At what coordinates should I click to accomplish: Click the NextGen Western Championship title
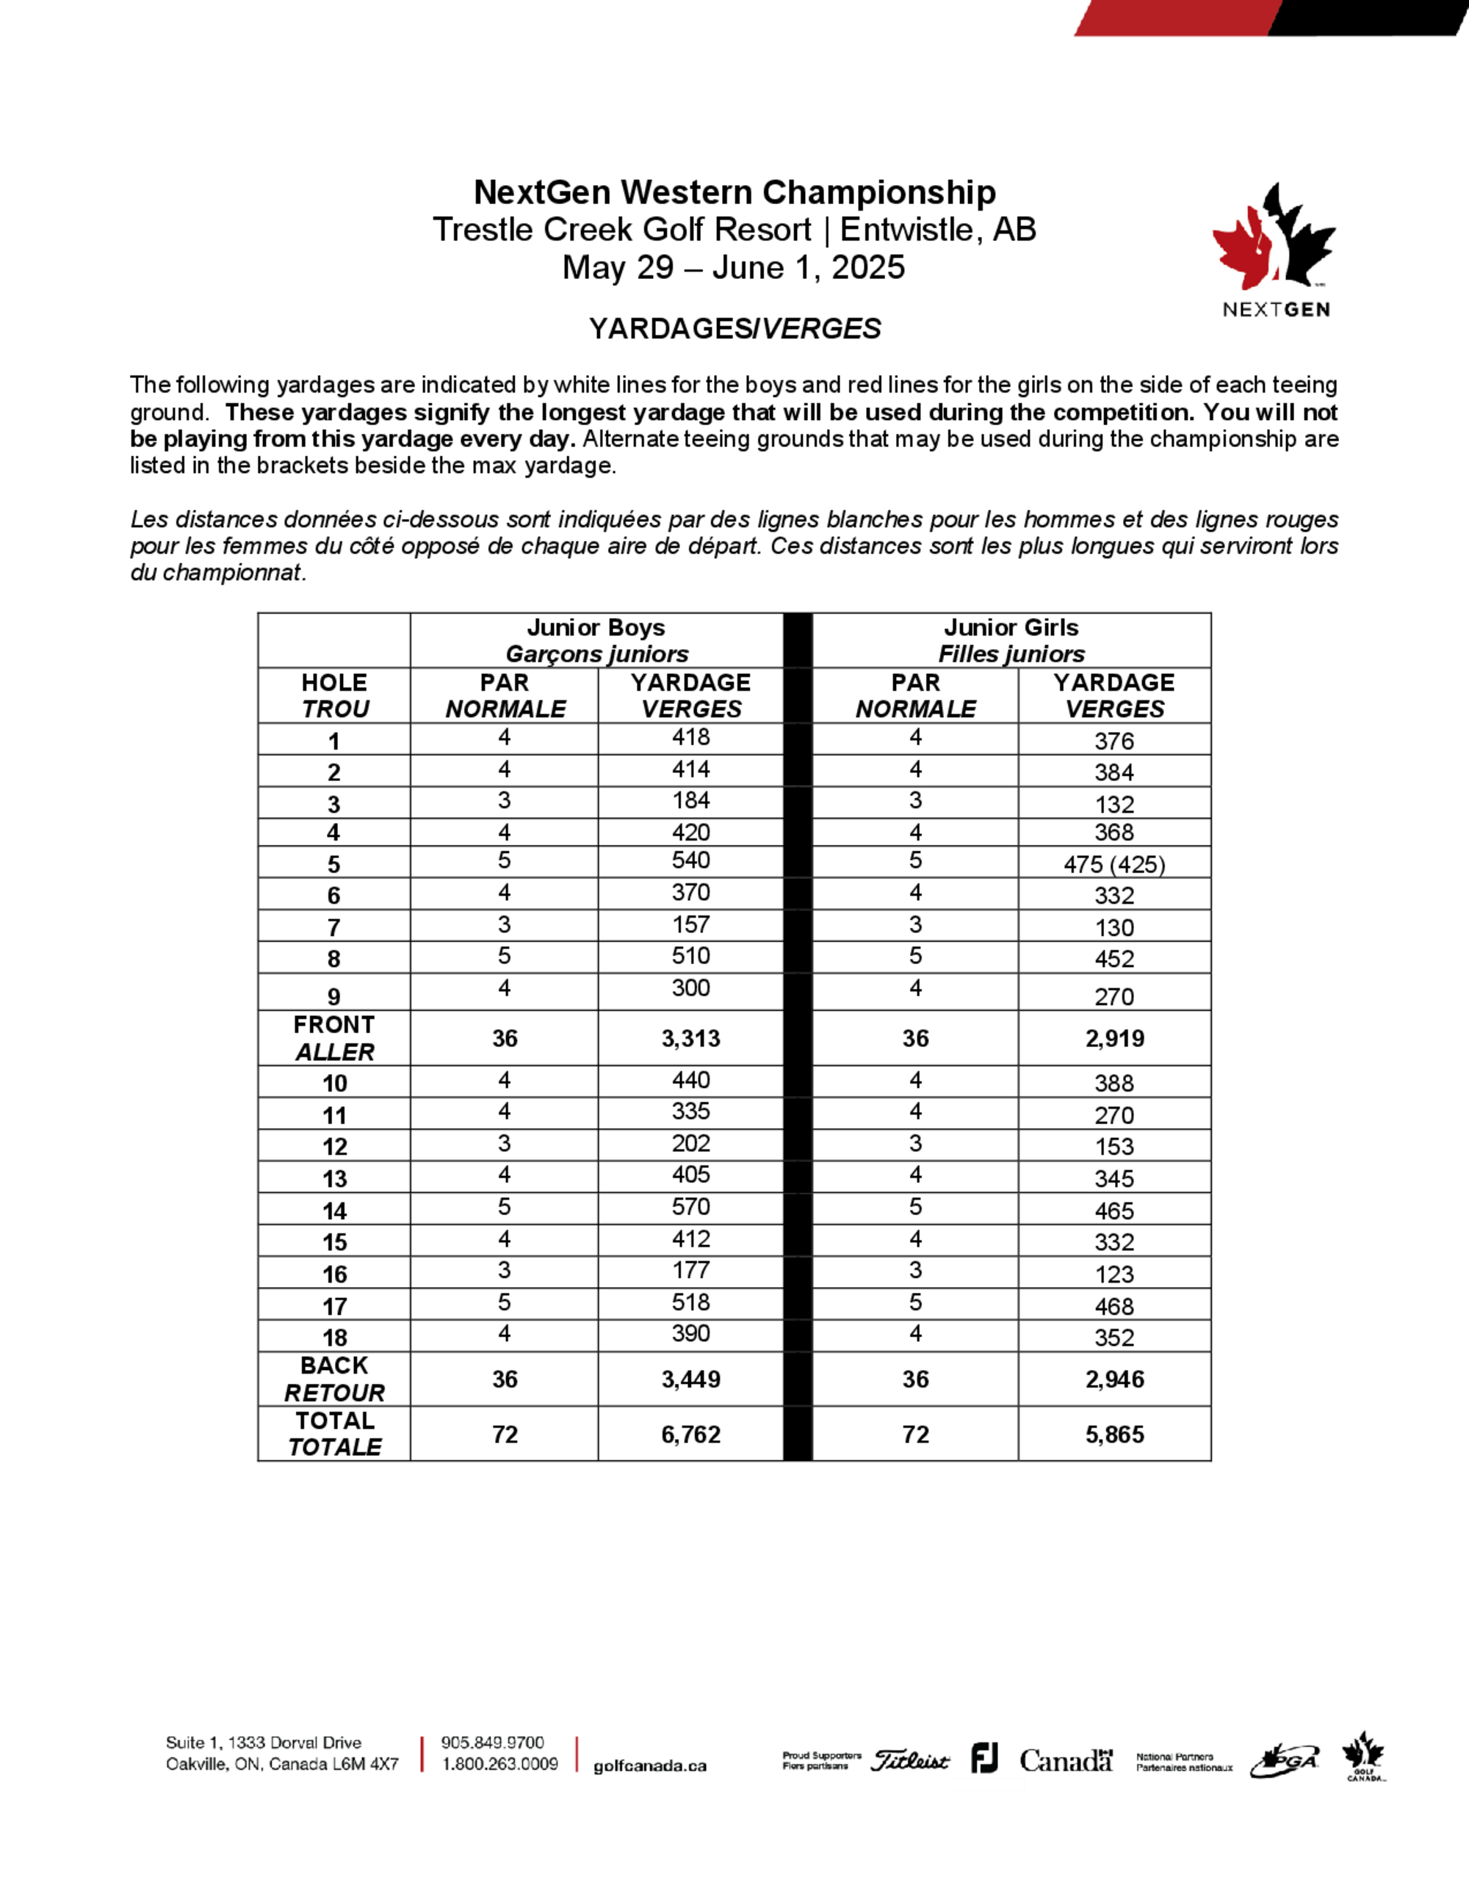(734, 192)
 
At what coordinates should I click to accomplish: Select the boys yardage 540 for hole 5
(690, 861)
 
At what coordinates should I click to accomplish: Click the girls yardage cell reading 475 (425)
(1114, 865)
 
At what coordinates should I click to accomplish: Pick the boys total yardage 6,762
(690, 1435)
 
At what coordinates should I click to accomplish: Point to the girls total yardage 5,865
(1114, 1435)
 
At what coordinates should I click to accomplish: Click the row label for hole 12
(334, 1147)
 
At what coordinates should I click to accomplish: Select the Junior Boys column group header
(596, 640)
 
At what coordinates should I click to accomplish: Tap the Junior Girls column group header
(1011, 640)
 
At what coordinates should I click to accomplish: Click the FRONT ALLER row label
(334, 1038)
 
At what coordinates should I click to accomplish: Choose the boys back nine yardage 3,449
(690, 1379)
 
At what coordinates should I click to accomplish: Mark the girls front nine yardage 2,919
(1114, 1038)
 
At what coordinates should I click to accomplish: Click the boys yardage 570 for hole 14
(690, 1208)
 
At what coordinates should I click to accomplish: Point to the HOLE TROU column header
(334, 695)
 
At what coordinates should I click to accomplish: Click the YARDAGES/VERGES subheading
(734, 329)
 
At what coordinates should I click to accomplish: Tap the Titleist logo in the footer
(910, 1761)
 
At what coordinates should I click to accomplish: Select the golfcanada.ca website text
(649, 1766)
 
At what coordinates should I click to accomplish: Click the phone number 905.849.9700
(493, 1743)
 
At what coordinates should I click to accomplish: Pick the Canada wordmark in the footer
(1066, 1761)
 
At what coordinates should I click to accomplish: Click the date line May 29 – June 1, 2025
(734, 267)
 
